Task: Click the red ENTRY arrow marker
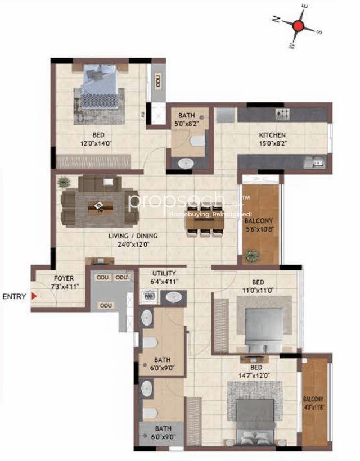(x=34, y=296)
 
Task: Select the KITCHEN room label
(x=272, y=135)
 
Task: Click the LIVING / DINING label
(x=133, y=236)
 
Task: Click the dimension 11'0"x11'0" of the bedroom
(x=257, y=291)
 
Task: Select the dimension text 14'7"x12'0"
(x=259, y=374)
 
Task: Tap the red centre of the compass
(x=299, y=26)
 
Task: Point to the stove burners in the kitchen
(x=282, y=114)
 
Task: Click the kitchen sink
(x=312, y=162)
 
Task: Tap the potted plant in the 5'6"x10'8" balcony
(x=251, y=256)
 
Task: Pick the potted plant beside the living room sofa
(x=64, y=182)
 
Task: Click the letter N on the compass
(x=277, y=19)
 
